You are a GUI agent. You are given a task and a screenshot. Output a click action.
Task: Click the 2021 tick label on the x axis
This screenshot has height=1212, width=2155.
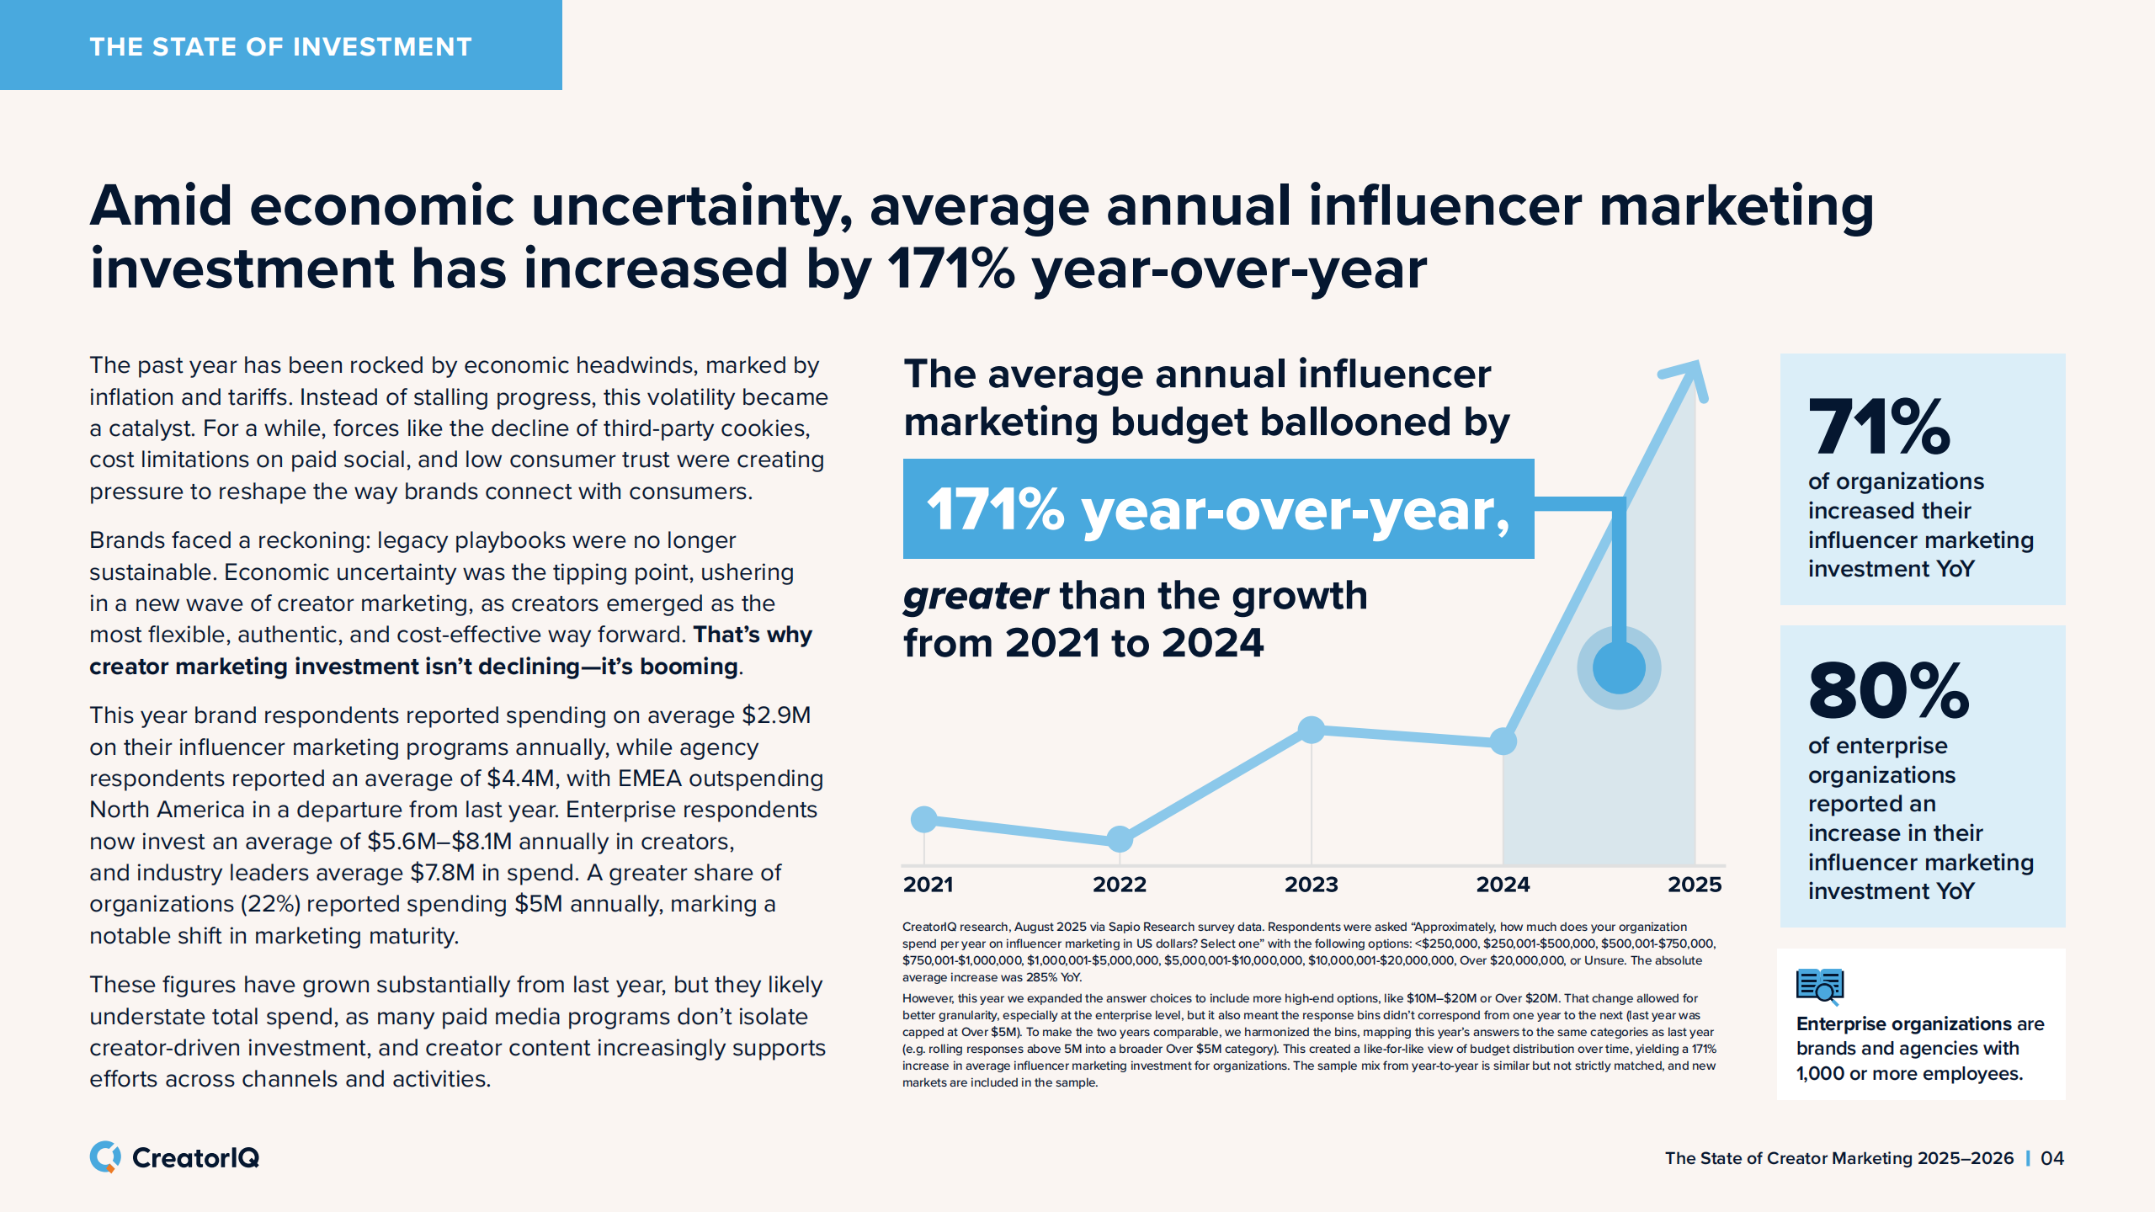[928, 885]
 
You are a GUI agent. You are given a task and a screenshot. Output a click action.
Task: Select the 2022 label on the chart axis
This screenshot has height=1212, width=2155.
[1119, 885]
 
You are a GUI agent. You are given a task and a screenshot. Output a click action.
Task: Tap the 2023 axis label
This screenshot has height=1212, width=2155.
[1311, 885]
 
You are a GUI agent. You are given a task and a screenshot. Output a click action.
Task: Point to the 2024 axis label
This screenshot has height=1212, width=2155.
[1503, 885]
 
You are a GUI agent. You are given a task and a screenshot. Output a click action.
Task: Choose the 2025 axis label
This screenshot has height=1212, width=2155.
[1695, 885]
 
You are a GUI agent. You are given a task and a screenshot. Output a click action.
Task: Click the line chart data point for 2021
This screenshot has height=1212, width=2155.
[924, 819]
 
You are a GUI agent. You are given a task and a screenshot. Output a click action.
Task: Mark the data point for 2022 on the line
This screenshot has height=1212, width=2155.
[1120, 838]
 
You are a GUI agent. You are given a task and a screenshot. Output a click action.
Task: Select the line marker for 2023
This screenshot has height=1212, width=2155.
[1312, 730]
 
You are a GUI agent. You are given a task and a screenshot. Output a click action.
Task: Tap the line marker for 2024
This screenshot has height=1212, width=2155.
[1503, 742]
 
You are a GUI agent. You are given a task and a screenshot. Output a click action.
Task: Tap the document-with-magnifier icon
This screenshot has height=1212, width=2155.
[1820, 986]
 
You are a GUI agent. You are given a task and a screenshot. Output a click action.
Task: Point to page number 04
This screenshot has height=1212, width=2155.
[2052, 1158]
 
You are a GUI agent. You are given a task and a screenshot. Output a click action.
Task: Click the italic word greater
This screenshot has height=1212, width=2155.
[975, 597]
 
